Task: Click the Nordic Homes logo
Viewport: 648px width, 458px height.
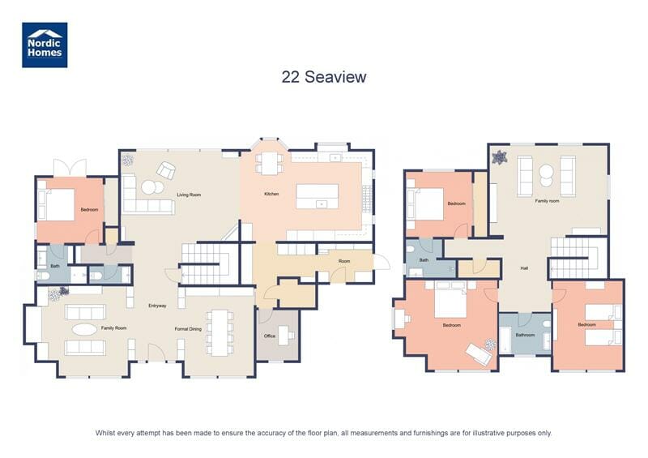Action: (44, 45)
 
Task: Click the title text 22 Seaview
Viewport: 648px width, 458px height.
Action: (324, 77)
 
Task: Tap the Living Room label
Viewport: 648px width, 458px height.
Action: (189, 195)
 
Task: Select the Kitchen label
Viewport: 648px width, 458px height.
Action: (271, 195)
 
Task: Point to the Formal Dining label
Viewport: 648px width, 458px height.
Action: (188, 328)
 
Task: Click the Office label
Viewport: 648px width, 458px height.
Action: (270, 336)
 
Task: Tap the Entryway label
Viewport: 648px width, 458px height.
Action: (157, 306)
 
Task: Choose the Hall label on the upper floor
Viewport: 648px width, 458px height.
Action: (524, 268)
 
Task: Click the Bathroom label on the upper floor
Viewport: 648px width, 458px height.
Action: (525, 334)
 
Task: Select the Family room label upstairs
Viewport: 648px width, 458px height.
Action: (547, 200)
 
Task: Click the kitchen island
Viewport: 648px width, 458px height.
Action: (318, 195)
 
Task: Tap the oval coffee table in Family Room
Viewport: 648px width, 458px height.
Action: (83, 330)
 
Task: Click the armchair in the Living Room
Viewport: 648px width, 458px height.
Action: (166, 171)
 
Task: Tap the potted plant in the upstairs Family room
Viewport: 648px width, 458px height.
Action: (500, 157)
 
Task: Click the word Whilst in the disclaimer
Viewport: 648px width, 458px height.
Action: (106, 433)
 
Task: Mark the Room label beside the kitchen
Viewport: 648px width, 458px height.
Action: (344, 261)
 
